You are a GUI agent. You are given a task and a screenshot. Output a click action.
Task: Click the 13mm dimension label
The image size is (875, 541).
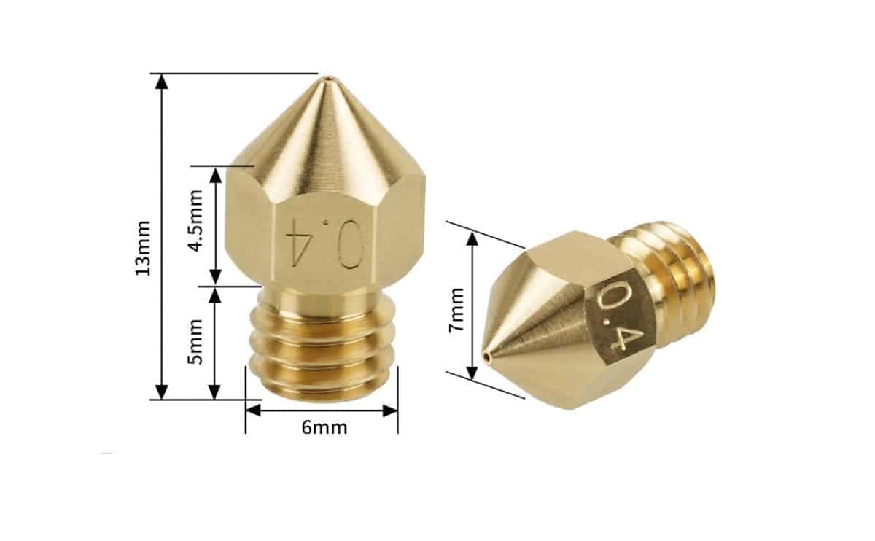tap(143, 247)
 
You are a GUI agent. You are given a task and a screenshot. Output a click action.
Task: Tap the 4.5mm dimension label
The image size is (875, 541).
tap(195, 222)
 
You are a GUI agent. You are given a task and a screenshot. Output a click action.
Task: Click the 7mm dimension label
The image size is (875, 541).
tap(456, 310)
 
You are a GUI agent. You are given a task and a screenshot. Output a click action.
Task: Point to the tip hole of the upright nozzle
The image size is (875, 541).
tap(325, 77)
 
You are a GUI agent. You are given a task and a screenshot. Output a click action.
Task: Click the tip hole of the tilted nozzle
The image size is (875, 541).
tap(486, 357)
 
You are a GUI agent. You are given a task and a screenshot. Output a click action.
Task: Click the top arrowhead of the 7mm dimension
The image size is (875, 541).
tap(472, 239)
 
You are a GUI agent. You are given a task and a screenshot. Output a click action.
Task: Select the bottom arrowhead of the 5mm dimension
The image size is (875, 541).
tap(215, 392)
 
